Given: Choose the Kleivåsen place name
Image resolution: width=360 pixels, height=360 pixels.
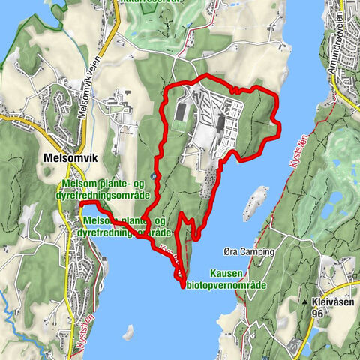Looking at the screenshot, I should click(x=331, y=304).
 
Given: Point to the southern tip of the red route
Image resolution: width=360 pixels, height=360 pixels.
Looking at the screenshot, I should click(x=183, y=285).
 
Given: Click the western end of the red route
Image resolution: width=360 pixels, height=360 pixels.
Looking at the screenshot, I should click(x=79, y=202).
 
